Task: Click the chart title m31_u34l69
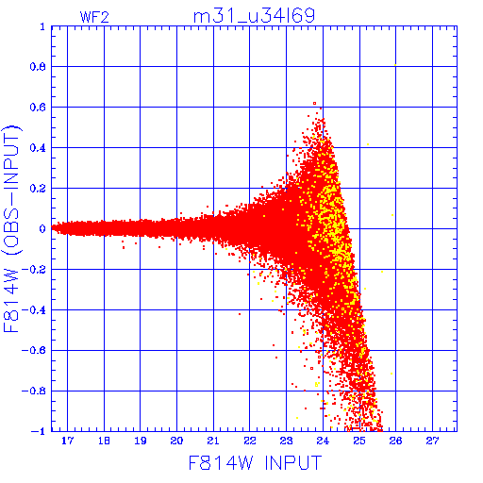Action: pyautogui.click(x=254, y=16)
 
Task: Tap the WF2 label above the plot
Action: pyautogui.click(x=94, y=17)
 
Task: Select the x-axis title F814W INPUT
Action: pyautogui.click(x=255, y=462)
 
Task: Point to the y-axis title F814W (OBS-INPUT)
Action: pyautogui.click(x=11, y=229)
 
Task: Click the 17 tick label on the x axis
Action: pyautogui.click(x=67, y=441)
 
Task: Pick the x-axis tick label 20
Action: pyautogui.click(x=176, y=441)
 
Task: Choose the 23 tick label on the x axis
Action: pyautogui.click(x=286, y=441)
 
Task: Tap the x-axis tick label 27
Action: pyautogui.click(x=432, y=441)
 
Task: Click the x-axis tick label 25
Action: pyautogui.click(x=359, y=441)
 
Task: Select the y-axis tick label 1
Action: pyautogui.click(x=42, y=26)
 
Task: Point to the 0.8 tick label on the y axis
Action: pyautogui.click(x=38, y=67)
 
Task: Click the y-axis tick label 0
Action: pyautogui.click(x=42, y=228)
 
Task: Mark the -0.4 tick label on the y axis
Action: pyautogui.click(x=34, y=310)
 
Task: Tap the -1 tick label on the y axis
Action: pyautogui.click(x=39, y=431)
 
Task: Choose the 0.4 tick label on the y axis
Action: pyautogui.click(x=38, y=148)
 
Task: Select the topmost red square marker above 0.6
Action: pyautogui.click(x=314, y=104)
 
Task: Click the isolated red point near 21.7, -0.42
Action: pyautogui.click(x=240, y=314)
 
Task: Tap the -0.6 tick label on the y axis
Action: pyautogui.click(x=34, y=350)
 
